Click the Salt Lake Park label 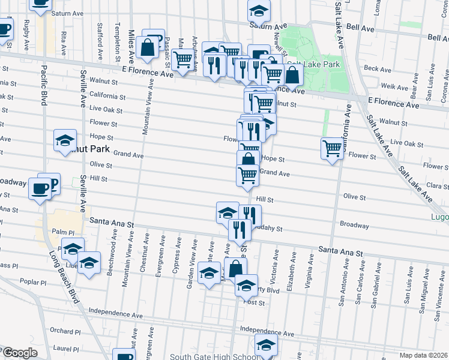click(314, 64)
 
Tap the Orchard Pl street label click(65, 331)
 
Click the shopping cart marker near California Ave click(331, 148)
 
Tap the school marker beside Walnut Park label click(65, 140)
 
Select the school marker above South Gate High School click(266, 344)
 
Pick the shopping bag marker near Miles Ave click(147, 47)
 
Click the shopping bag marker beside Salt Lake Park click(292, 75)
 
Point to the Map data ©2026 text click(424, 355)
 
